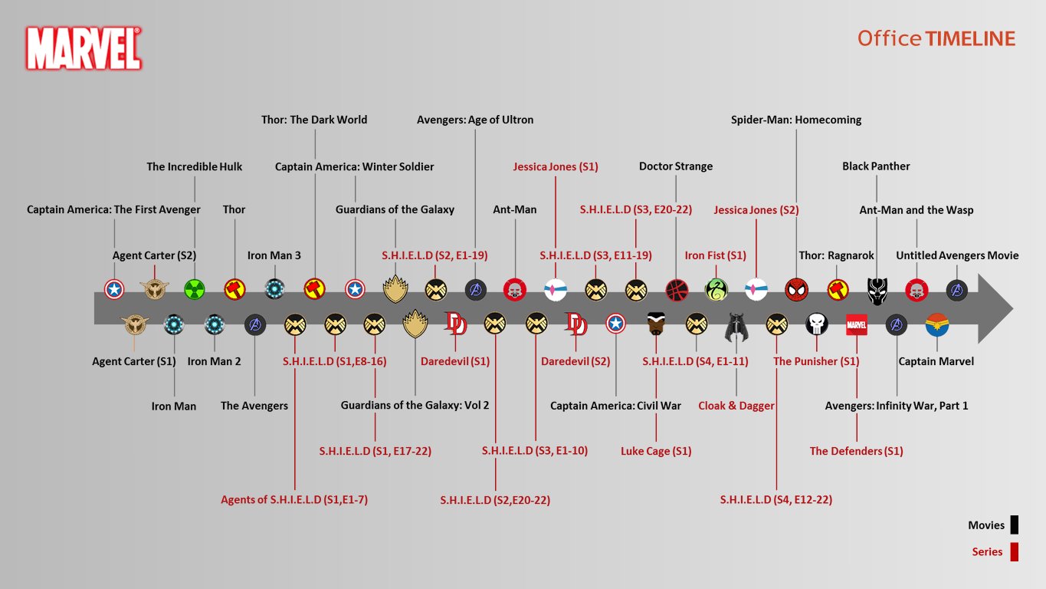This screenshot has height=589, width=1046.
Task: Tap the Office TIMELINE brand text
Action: (936, 38)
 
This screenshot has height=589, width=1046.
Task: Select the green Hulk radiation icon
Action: (195, 289)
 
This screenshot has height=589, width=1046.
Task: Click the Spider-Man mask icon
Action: (796, 289)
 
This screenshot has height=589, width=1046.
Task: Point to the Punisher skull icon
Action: (816, 325)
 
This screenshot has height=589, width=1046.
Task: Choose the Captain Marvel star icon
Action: (936, 325)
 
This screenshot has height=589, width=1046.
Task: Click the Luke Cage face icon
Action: (656, 325)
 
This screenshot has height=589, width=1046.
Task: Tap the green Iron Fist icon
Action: (716, 289)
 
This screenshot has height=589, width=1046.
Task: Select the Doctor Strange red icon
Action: (677, 289)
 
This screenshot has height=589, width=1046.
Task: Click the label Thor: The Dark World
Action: (314, 120)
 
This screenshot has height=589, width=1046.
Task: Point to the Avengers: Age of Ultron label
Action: (475, 120)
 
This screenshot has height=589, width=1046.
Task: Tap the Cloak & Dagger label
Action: (736, 406)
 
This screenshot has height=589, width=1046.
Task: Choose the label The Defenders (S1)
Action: (856, 451)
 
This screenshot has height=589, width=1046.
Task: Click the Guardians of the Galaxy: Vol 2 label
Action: (415, 405)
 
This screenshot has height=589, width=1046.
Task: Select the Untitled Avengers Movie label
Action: (957, 255)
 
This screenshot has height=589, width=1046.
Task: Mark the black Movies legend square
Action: (1014, 525)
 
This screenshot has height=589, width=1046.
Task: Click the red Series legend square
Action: (1014, 551)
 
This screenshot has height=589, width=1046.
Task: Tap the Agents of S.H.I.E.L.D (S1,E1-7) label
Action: (294, 500)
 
